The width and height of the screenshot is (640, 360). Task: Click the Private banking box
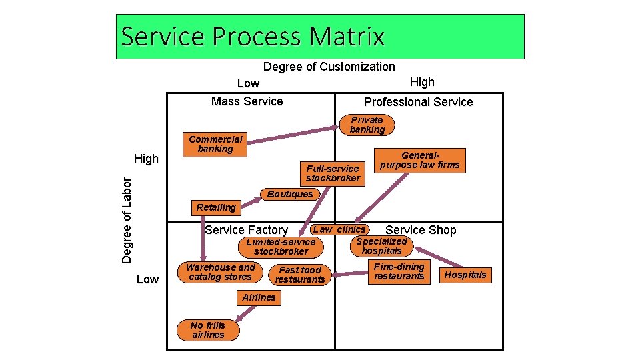pos(367,125)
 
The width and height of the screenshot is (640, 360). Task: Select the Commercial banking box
pos(215,144)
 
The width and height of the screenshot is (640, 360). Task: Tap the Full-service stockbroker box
pos(333,173)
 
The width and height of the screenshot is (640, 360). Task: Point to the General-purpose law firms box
pos(420,160)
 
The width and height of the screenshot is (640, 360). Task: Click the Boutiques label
pos(289,194)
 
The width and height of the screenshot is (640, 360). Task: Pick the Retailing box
pos(216,207)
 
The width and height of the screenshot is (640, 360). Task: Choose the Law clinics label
pos(339,229)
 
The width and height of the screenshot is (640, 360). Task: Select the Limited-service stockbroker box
pos(281,247)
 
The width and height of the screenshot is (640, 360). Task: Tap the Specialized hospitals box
pos(381,246)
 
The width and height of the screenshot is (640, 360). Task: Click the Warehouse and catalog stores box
pos(220,272)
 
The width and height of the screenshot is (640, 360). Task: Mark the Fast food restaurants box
pos(300,275)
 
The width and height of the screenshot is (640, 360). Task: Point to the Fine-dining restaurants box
pos(399,271)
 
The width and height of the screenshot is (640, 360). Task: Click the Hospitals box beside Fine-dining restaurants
pos(465,275)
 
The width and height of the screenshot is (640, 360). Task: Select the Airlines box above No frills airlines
pos(259,297)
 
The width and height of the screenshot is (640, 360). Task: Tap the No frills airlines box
pos(208,330)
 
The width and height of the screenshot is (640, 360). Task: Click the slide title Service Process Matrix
pos(253,36)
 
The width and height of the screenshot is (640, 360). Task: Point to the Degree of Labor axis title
pos(127,219)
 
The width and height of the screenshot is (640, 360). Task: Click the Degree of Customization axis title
pos(329,67)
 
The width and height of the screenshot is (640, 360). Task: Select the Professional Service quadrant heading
pos(418,102)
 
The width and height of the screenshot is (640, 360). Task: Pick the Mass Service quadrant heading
pos(247,101)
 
